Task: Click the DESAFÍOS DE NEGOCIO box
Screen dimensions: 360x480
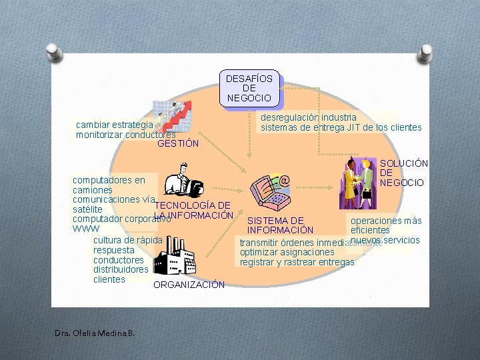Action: tap(249, 88)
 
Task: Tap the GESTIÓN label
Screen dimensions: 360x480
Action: tap(178, 143)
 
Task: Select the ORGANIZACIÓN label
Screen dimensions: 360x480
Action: tap(189, 285)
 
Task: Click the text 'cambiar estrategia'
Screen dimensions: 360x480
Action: tap(115, 125)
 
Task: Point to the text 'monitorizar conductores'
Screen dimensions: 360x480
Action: tap(125, 135)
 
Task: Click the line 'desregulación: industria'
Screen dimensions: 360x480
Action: tap(308, 117)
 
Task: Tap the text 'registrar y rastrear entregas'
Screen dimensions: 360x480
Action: tap(297, 262)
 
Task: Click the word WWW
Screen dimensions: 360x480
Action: tap(85, 229)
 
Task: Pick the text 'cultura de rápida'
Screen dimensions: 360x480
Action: tap(127, 240)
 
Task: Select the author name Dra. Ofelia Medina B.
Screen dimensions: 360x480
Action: tap(95, 333)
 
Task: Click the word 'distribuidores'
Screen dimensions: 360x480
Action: tap(121, 269)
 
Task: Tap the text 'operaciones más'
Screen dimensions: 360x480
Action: tap(385, 221)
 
